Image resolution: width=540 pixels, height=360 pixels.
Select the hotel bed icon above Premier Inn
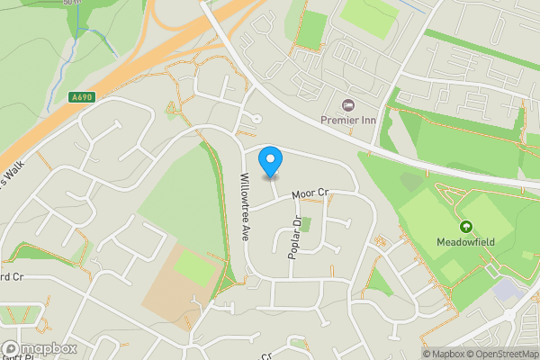tap(350, 103)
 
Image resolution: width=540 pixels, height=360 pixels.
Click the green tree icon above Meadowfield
tap(466, 227)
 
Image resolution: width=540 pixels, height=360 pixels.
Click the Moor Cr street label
tap(311, 193)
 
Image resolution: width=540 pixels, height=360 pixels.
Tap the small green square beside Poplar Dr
tap(304, 224)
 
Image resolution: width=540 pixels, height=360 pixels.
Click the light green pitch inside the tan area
tap(194, 266)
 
